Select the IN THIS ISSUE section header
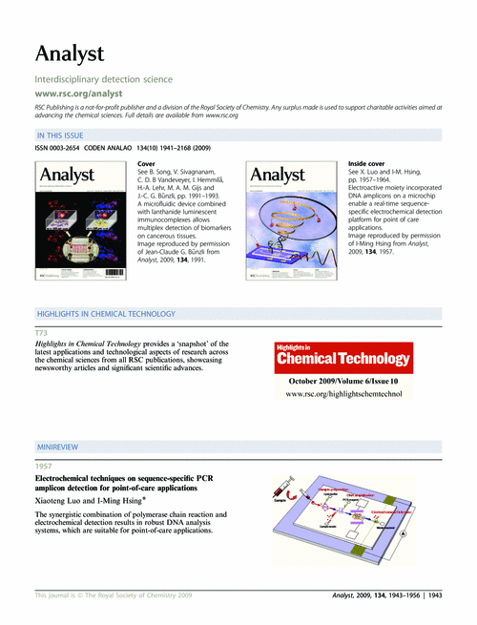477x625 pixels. (x=66, y=136)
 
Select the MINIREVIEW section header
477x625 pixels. (x=59, y=446)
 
